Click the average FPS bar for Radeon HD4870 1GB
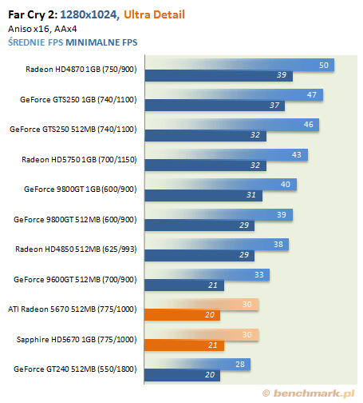239,65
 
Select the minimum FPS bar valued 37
215,106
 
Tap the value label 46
309,125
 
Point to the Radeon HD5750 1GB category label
79,159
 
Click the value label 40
286,184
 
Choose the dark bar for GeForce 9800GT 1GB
203,195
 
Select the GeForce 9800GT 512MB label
75,219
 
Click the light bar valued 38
217,245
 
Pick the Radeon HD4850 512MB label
76,249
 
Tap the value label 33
259,274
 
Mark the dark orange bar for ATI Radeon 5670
183,315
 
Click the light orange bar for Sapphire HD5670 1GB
202,334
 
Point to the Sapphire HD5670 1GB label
77,339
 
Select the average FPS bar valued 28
198,365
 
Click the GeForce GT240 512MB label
75,369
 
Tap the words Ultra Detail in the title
154,14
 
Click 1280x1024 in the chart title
89,14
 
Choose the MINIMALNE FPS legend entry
101,42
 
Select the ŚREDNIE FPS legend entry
36,42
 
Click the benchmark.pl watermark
309,393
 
